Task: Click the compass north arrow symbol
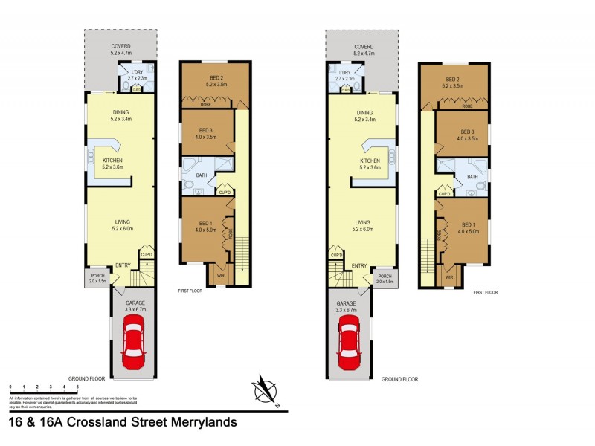click(266, 390)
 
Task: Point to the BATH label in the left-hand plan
click(201, 176)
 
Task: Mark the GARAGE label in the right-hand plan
click(346, 304)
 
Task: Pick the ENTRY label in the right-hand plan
click(358, 265)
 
